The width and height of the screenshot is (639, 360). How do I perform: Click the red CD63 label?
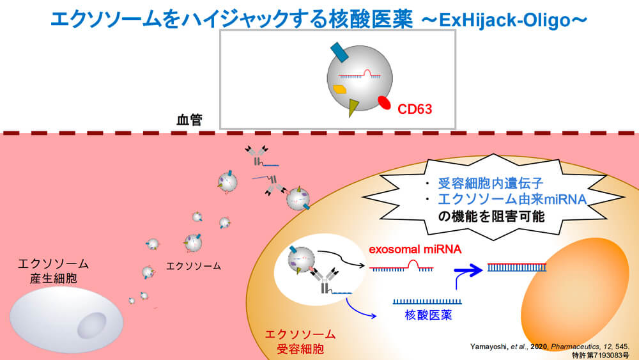[415, 109]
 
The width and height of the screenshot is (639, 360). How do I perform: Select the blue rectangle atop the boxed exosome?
[339, 52]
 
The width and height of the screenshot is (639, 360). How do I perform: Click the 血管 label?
[189, 120]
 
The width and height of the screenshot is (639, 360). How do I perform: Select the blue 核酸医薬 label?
[427, 315]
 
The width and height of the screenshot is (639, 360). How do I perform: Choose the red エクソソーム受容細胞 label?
[300, 341]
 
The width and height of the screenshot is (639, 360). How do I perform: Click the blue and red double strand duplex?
[517, 267]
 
